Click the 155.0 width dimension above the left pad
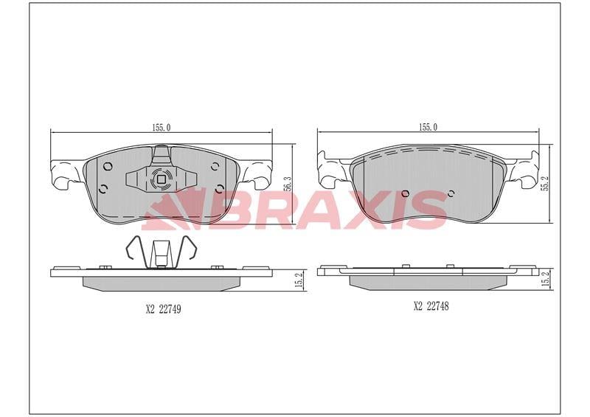pos(162,127)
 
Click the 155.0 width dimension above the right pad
pos(428,127)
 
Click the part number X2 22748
pos(431,306)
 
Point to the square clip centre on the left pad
pos(162,179)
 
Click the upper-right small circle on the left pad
pos(215,165)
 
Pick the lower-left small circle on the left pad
pos(103,187)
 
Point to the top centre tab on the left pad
pos(162,155)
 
